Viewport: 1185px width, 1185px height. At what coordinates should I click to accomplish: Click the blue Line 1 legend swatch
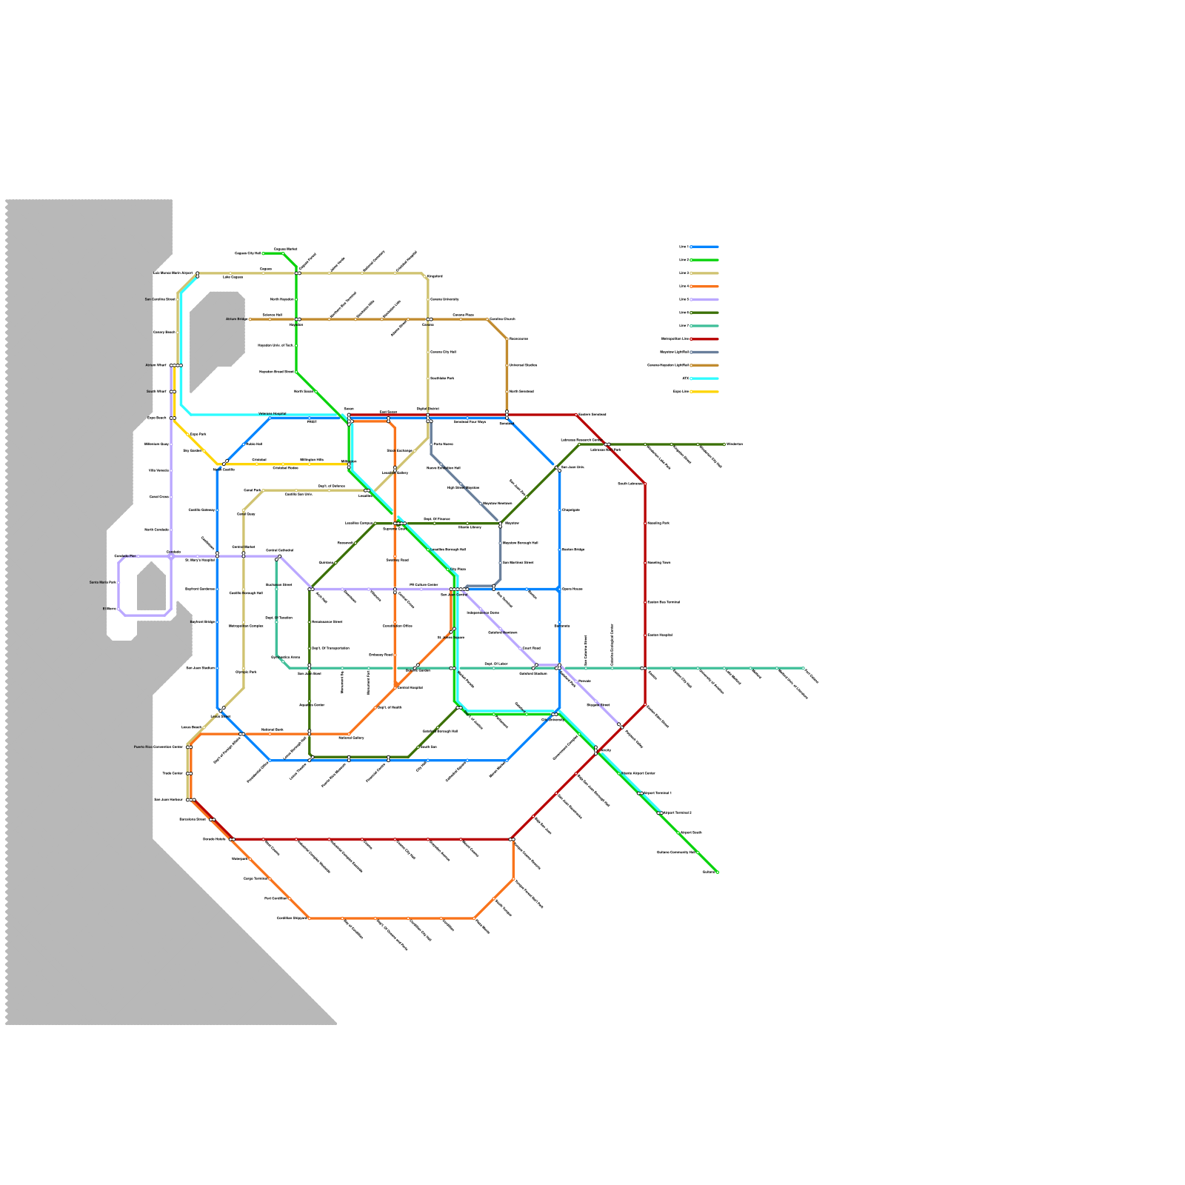point(704,247)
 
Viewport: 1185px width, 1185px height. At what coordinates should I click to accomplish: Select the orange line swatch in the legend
point(704,286)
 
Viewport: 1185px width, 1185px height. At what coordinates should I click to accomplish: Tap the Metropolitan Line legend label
point(675,338)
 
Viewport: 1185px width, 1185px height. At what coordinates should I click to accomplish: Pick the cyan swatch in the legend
point(704,378)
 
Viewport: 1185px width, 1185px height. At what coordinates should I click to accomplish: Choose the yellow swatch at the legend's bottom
point(704,391)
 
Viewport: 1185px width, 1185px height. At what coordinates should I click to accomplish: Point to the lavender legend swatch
point(704,299)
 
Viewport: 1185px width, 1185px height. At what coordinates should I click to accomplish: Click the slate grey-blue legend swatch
point(704,352)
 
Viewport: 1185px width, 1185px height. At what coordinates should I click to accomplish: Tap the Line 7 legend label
point(683,326)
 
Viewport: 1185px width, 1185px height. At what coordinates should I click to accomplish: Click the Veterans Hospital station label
point(272,413)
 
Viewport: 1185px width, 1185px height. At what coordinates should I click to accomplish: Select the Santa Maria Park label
point(103,583)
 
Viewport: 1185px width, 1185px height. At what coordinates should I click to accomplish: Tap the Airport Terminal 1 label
point(657,793)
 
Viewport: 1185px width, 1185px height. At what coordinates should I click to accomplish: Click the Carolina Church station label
point(502,319)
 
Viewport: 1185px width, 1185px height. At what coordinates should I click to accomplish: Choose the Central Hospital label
point(410,687)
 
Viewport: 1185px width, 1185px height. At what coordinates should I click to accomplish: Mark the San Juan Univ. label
point(573,467)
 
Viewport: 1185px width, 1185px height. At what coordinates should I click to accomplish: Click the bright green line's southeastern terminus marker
point(717,872)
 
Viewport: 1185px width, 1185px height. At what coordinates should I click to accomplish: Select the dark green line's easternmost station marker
point(724,444)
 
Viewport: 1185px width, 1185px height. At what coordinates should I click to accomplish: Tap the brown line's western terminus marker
point(250,319)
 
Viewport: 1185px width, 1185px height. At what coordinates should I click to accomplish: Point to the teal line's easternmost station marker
point(804,668)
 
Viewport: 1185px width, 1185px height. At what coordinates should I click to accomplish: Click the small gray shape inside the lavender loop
point(151,587)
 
